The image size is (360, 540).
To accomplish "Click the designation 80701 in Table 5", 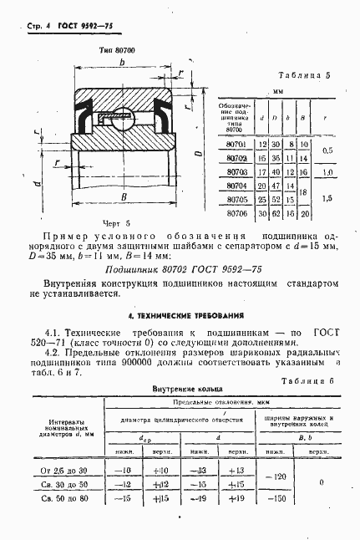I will [236, 145].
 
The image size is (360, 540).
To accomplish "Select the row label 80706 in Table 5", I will [236, 214].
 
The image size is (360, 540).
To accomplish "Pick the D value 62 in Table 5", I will [275, 214].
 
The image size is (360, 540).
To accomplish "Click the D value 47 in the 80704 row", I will [275, 186].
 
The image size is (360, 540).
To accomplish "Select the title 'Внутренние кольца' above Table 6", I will [179, 390].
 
